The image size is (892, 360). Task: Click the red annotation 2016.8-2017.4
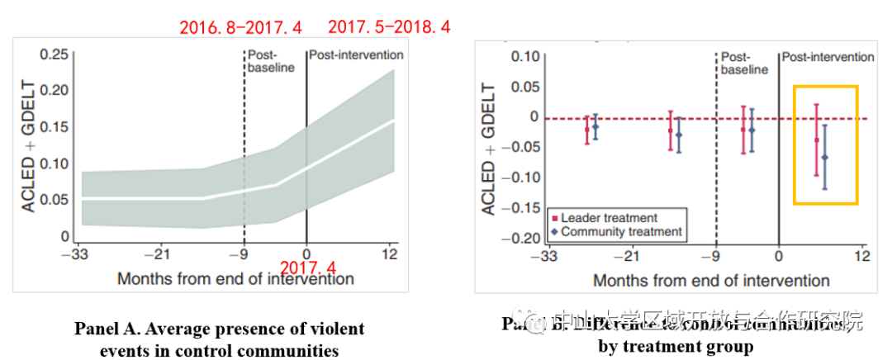[x=240, y=27]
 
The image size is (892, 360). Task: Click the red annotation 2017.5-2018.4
[x=389, y=27]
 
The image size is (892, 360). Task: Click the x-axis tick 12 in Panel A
[x=391, y=253]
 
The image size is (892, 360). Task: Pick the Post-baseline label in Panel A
[x=271, y=61]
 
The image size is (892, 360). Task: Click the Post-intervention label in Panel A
[x=356, y=55]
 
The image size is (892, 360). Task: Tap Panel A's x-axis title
[x=235, y=279]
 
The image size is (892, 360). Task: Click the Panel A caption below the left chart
[x=219, y=339]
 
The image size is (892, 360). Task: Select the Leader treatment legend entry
[x=602, y=218]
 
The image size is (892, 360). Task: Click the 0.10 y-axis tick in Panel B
[x=524, y=57]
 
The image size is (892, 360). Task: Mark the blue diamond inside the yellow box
[x=824, y=157]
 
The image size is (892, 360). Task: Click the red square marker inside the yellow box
[x=817, y=140]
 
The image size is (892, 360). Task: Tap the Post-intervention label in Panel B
[x=827, y=57]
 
